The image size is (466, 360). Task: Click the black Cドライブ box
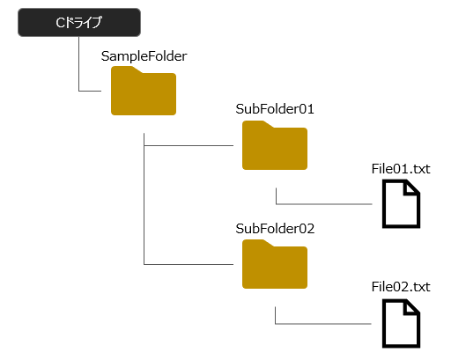pos(79,23)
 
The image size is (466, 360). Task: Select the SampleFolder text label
pos(144,56)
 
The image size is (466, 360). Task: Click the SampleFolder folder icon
pos(144,91)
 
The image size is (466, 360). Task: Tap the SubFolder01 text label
pos(275,109)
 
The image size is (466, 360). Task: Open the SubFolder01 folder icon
pos(275,145)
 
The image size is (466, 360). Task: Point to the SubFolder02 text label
pos(275,229)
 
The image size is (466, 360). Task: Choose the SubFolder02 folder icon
pos(275,264)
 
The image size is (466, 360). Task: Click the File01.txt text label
pos(401,169)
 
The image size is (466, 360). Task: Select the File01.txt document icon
pos(401,203)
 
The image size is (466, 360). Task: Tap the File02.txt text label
pos(401,287)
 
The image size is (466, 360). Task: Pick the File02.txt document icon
pos(401,323)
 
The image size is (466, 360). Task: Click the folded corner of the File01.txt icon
pos(411,188)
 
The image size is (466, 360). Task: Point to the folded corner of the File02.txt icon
pos(411,307)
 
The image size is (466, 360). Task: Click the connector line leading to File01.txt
pos(324,204)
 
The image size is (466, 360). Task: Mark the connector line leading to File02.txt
pos(323,323)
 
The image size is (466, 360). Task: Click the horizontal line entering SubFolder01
pos(189,145)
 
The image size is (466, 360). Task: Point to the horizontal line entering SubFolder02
pos(189,264)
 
